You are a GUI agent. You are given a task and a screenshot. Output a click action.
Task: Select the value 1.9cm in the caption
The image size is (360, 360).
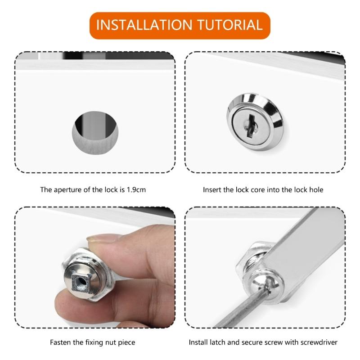point(136,189)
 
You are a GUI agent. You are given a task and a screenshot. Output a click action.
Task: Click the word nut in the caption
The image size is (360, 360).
point(112,342)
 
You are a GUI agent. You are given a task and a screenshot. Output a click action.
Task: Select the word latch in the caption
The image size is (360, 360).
point(219,342)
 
